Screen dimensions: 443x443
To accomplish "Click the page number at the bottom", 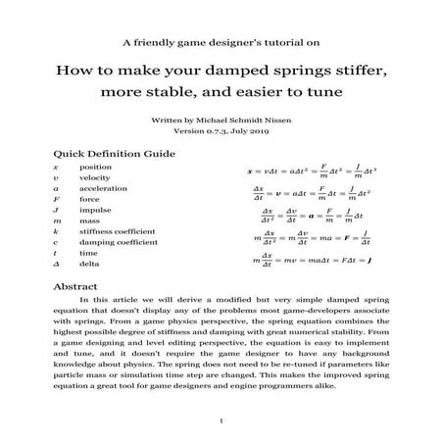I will click(221, 420).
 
